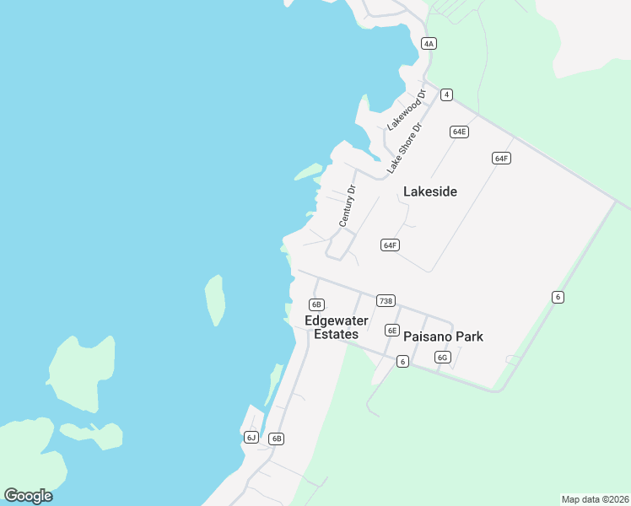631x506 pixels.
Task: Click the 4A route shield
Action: click(429, 43)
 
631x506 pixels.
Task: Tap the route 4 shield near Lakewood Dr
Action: click(446, 94)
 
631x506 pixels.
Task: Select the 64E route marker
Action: click(459, 132)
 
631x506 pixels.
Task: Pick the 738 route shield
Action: click(386, 301)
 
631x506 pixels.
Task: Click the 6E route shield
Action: click(391, 331)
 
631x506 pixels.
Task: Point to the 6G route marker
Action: click(443, 358)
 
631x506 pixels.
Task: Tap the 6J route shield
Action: click(251, 437)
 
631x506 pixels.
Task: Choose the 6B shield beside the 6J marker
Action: click(276, 439)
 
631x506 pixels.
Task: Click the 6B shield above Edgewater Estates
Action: click(316, 304)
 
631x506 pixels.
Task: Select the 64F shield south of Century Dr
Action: click(389, 245)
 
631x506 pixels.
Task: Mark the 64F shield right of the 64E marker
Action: click(501, 159)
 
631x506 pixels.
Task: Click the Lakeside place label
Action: click(430, 191)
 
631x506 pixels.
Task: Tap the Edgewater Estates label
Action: click(337, 327)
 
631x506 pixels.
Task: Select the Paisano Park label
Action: click(443, 336)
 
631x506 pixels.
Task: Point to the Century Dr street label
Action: click(348, 206)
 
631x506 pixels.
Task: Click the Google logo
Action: click(28, 496)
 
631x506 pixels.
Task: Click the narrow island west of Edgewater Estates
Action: click(215, 299)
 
